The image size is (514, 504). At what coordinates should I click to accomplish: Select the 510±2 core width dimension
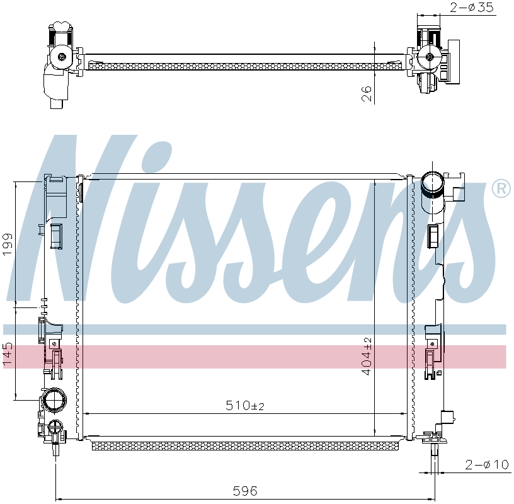point(245,406)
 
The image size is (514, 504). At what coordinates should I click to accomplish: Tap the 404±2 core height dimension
point(367,356)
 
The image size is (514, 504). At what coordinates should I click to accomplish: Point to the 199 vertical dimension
point(8,244)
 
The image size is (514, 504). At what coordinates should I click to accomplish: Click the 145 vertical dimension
point(8,354)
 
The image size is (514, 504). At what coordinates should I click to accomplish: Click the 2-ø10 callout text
point(486,465)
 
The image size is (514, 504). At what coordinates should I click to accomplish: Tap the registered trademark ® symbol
point(501,188)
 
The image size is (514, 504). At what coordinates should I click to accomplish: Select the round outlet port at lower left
point(53,401)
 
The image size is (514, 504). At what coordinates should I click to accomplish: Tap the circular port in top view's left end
point(62,57)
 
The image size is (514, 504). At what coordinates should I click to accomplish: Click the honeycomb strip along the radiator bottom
point(246,446)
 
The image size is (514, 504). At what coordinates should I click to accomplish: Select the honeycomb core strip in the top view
point(246,65)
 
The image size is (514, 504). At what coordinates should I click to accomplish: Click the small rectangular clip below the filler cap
point(433,236)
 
